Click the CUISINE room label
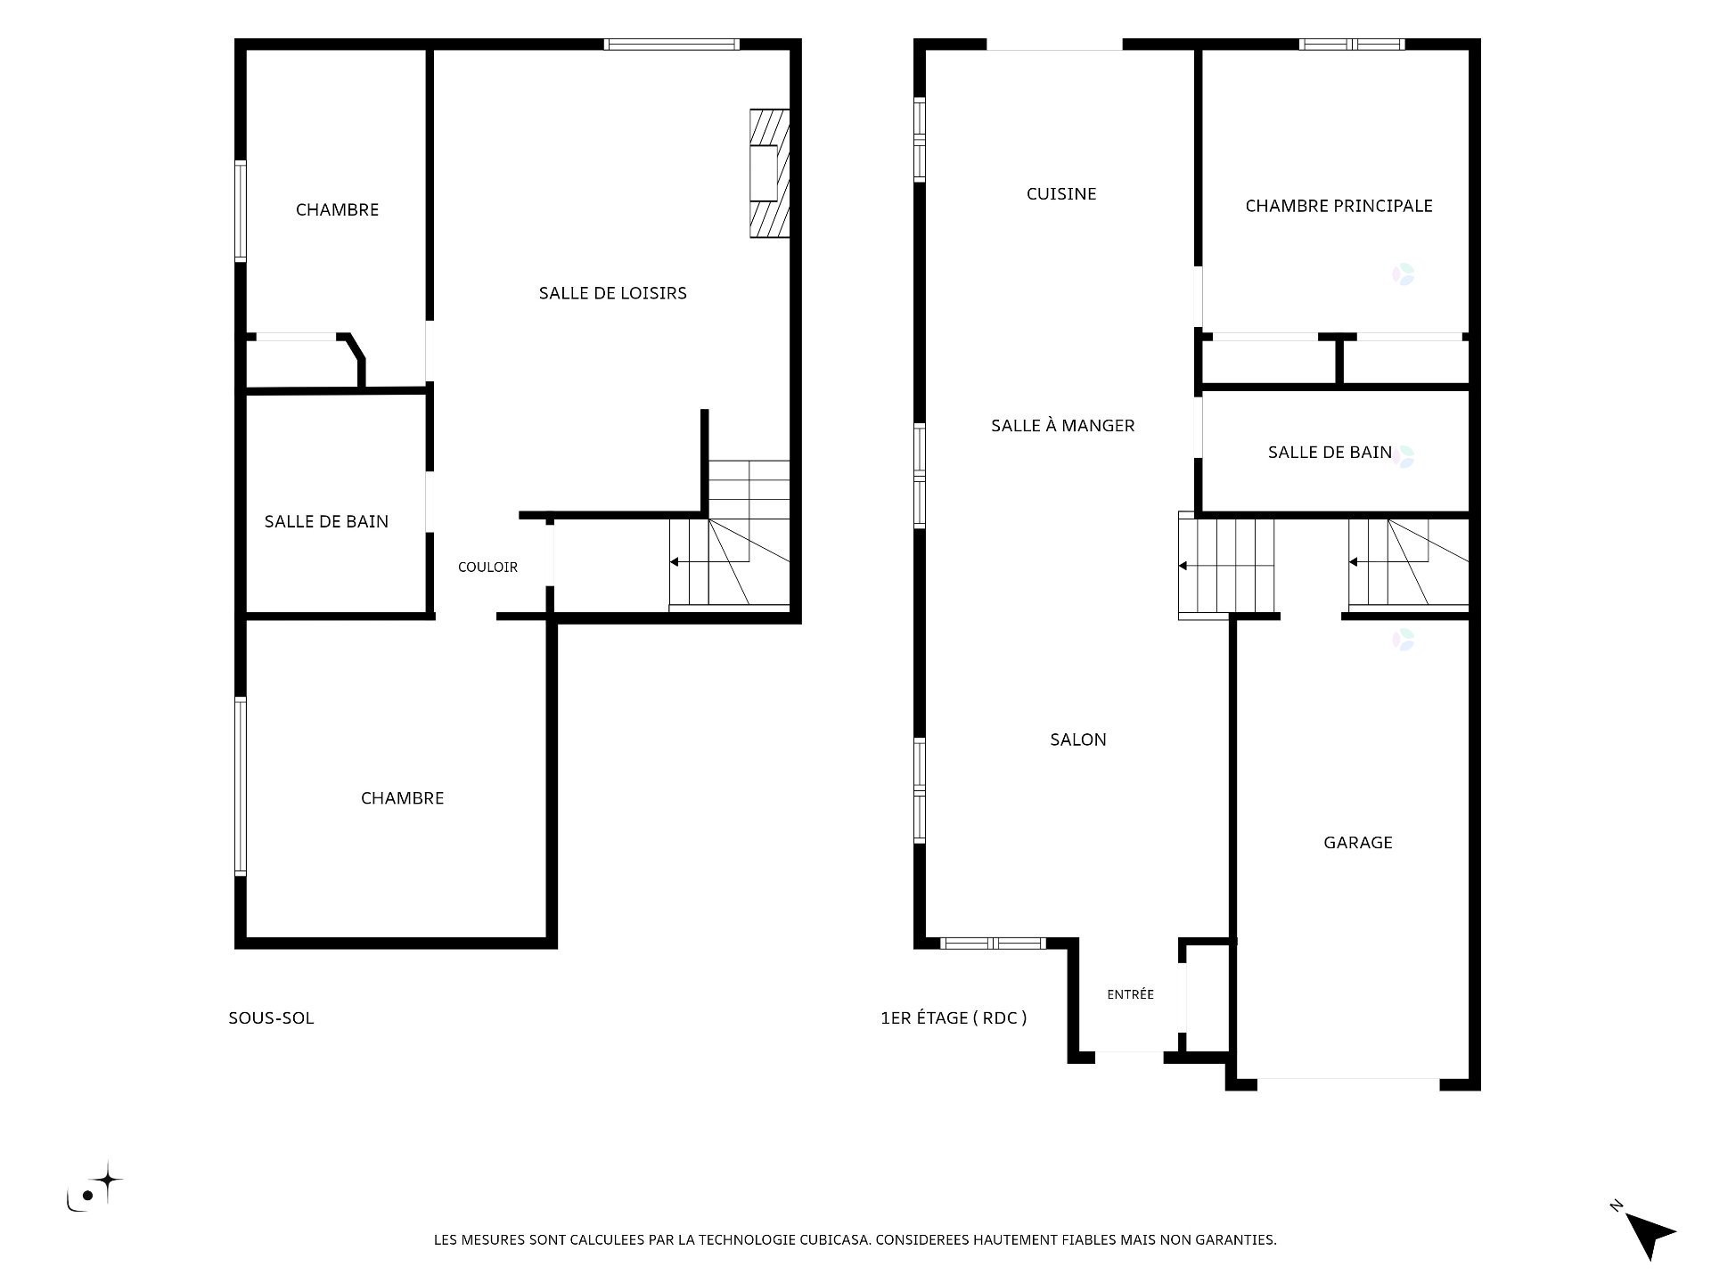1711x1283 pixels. [x=1060, y=193]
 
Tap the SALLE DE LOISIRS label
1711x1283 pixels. [x=612, y=293]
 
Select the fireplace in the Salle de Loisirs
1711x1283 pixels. [x=769, y=174]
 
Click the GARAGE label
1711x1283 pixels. [x=1357, y=842]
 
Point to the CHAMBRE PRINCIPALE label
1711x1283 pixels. [x=1339, y=206]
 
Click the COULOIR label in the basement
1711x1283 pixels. [x=487, y=567]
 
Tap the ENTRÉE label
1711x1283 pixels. [x=1130, y=994]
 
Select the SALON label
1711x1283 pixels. [x=1077, y=740]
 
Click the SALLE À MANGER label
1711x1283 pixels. [x=1062, y=426]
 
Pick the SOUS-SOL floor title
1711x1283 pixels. [x=271, y=1017]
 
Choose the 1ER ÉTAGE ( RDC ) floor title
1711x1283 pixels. [x=954, y=1017]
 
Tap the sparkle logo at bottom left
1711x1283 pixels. [x=94, y=1187]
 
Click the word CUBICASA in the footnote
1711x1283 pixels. [x=831, y=1239]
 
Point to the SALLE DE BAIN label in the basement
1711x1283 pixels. [x=326, y=521]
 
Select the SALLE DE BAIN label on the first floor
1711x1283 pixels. [x=1330, y=453]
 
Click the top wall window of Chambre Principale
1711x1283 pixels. [x=1352, y=45]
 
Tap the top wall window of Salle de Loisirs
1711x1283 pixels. [x=671, y=45]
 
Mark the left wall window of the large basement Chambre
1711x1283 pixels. [x=241, y=786]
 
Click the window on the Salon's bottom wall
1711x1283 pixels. [x=993, y=943]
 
